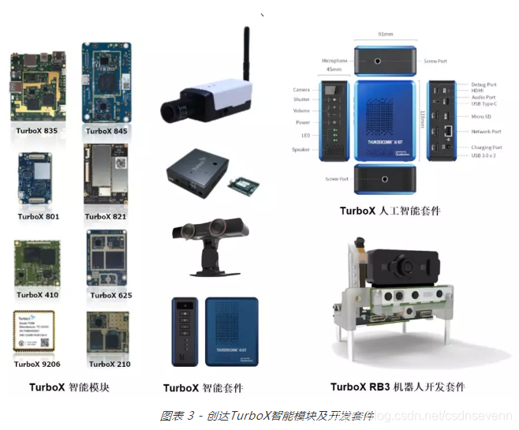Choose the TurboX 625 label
tap(111, 295)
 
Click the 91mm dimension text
tap(386, 35)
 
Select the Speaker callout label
tap(301, 149)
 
